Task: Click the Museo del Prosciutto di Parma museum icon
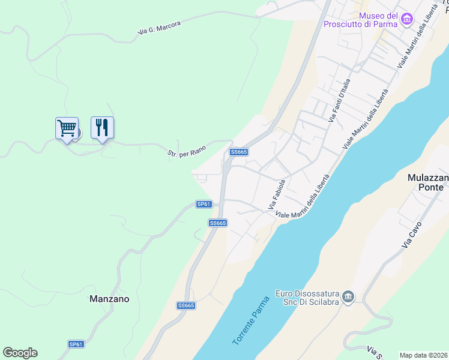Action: point(408,20)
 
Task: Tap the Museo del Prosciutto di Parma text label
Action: point(361,20)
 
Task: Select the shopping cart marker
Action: point(67,128)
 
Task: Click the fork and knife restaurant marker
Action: point(102,127)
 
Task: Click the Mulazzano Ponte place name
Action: point(426,182)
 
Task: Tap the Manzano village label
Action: point(109,298)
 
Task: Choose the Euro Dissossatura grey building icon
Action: point(348,297)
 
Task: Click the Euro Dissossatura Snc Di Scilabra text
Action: point(307,298)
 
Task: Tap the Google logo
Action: point(20,353)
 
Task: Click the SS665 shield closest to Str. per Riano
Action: point(239,152)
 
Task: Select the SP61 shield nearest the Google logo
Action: point(76,344)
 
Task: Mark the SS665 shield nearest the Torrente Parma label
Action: point(186,305)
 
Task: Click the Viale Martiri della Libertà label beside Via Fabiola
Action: point(303,196)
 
